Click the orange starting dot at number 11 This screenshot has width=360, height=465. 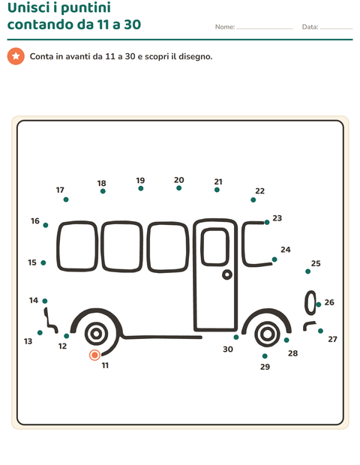94,355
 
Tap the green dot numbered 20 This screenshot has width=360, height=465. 178,188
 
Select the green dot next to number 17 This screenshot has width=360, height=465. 66,199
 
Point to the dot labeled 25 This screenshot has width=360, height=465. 307,271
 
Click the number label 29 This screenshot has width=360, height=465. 265,367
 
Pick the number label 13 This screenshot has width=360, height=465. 28,341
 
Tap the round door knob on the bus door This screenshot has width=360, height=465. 227,275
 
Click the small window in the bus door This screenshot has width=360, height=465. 215,247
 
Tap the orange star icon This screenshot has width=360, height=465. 16,56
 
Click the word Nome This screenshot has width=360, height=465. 224,27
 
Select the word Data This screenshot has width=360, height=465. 309,27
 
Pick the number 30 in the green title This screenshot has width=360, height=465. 132,24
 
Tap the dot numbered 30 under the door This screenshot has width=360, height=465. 236,337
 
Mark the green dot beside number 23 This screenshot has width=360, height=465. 267,223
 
